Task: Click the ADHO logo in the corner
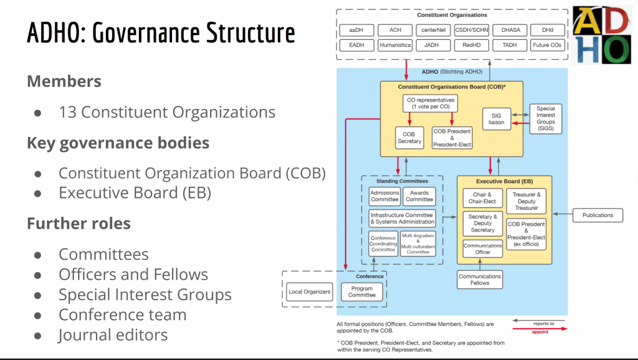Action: [602, 35]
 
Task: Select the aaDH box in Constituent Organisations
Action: [356, 30]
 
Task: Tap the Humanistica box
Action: [395, 45]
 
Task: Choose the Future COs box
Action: [548, 45]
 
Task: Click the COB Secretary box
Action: [409, 137]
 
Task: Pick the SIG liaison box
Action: [497, 118]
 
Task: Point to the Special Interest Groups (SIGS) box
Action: [545, 118]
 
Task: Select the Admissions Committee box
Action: [384, 196]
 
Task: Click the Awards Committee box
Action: [419, 196]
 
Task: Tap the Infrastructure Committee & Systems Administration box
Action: [402, 219]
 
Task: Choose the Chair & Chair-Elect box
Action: [483, 198]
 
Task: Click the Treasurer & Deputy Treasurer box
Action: [526, 201]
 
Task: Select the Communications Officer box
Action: [483, 249]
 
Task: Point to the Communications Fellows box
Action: [480, 280]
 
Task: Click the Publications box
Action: [598, 215]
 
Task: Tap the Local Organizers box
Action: [309, 291]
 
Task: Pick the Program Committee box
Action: [362, 291]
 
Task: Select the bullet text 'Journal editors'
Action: [113, 334]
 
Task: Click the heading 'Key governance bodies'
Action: [118, 143]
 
